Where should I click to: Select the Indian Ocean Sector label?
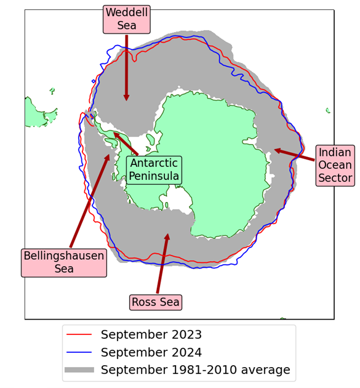(x=335, y=166)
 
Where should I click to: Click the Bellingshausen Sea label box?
(x=64, y=262)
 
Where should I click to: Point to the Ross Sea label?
(x=156, y=302)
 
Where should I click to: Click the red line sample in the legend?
(x=79, y=335)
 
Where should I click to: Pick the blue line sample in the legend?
(x=79, y=353)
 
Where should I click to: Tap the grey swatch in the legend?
(x=79, y=370)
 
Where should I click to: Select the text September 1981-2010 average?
(x=195, y=370)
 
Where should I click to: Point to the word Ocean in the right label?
(x=335, y=166)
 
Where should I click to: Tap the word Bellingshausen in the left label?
(x=64, y=256)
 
